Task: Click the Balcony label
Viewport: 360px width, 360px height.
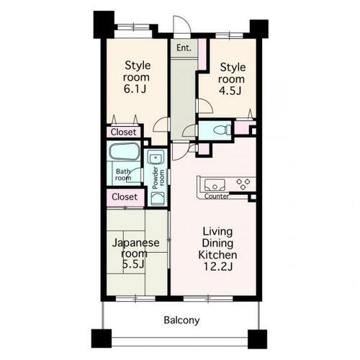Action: (x=181, y=320)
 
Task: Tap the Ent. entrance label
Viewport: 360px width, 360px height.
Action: (x=184, y=48)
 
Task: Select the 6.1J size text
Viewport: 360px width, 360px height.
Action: (x=135, y=89)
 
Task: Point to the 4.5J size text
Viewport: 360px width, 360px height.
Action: (x=230, y=91)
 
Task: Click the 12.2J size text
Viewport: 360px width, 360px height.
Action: (x=218, y=266)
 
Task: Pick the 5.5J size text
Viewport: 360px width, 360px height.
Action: (x=133, y=264)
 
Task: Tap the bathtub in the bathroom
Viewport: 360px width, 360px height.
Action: (x=125, y=151)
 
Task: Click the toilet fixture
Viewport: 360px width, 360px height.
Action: (x=222, y=130)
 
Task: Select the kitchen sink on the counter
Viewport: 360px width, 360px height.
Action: (x=215, y=185)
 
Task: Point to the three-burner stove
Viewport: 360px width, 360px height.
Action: (x=243, y=184)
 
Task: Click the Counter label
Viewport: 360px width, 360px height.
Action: (x=217, y=197)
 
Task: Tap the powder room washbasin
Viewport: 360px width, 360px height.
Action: (x=156, y=158)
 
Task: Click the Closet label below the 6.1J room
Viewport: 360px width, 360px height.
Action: (x=123, y=132)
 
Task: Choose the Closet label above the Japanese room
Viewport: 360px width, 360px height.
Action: (x=125, y=197)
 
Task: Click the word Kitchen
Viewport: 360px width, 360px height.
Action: (x=217, y=255)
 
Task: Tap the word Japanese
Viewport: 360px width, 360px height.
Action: (x=136, y=243)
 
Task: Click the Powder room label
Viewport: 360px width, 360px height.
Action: (x=158, y=178)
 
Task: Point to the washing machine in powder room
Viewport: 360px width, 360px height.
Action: (x=158, y=199)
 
